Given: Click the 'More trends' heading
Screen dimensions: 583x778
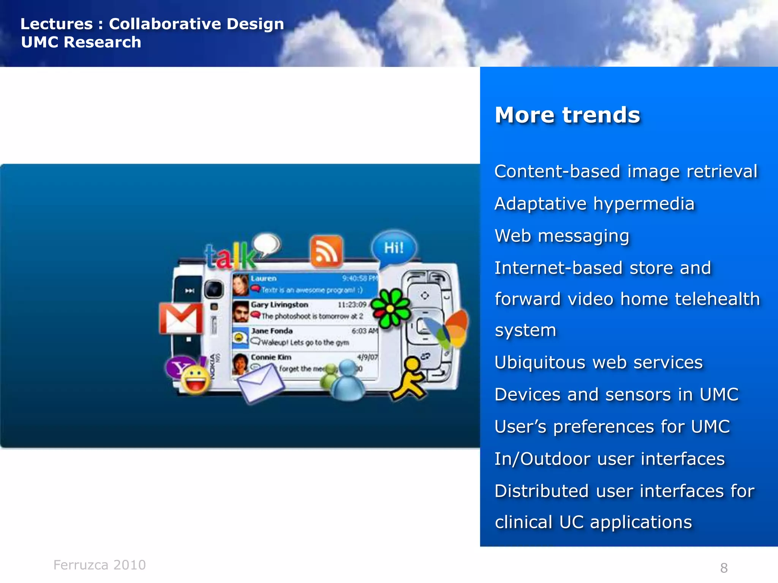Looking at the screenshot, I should (x=567, y=115).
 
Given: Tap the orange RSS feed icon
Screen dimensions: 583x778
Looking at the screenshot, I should (x=326, y=252).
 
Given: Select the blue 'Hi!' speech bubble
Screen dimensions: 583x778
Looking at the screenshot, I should (x=394, y=248).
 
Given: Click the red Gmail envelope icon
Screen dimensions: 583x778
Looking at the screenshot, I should (x=181, y=318).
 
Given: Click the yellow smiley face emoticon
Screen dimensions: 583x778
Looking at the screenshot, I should (x=196, y=380).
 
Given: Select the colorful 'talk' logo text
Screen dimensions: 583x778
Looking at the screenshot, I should (x=230, y=256).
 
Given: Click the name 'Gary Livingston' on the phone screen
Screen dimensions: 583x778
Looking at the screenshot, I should (x=279, y=305).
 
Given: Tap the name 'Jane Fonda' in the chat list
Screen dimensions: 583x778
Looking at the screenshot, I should (x=272, y=331).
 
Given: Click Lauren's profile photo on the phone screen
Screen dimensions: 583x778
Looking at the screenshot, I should (x=240, y=285).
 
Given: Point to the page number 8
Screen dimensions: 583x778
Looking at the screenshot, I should (x=724, y=568).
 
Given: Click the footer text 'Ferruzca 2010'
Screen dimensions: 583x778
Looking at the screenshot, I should (x=100, y=565).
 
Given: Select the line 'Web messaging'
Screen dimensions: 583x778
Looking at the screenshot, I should (x=562, y=236).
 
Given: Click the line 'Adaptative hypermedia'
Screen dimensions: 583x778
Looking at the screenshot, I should (x=595, y=204).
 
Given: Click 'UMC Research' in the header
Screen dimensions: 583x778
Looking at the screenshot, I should (x=81, y=42).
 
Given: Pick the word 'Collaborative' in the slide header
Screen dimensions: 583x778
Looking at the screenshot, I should (x=165, y=24).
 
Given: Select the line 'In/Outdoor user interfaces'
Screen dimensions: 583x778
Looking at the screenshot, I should (x=609, y=459).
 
